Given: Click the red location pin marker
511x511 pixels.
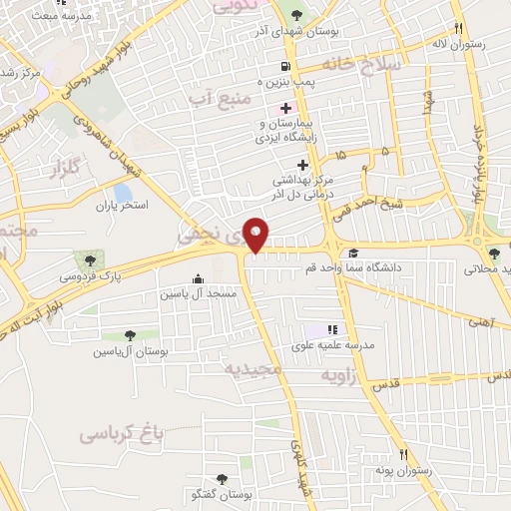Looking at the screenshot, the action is coord(257,236).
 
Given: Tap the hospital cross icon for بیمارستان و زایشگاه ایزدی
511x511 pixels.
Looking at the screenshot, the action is coord(285,108).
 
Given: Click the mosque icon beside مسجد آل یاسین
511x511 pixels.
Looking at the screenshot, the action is coord(198,279).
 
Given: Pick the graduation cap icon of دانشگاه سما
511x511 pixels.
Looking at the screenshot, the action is coord(353,254).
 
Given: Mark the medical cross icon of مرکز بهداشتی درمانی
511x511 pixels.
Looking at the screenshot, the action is coord(302,165).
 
